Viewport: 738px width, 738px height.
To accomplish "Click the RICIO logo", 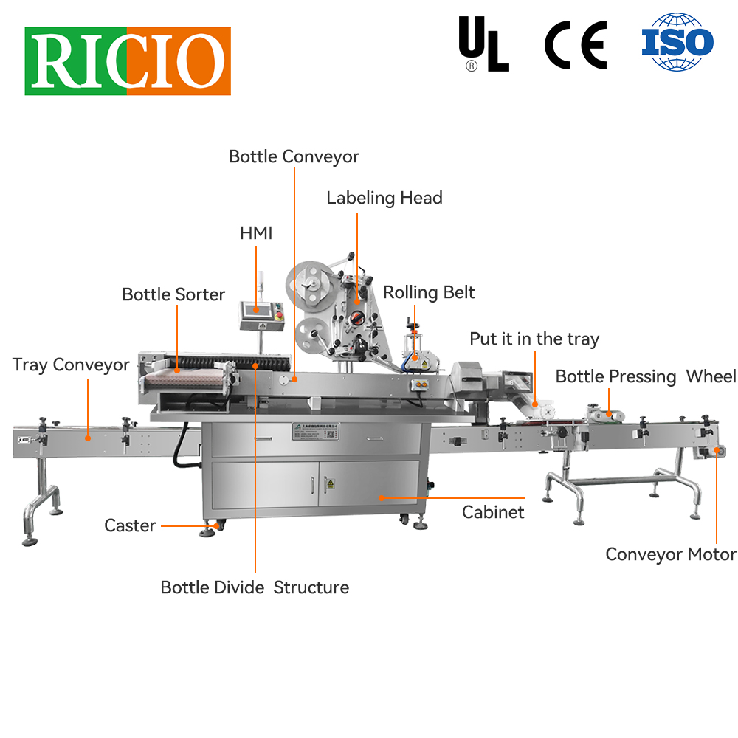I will tap(128, 61).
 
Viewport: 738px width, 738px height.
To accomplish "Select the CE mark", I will tap(576, 45).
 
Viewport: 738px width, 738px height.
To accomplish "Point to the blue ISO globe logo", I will tap(677, 42).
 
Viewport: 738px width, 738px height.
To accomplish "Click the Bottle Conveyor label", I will tap(294, 156).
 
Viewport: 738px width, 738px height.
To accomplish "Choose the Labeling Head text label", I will tap(384, 198).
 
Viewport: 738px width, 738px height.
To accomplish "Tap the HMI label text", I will tap(256, 233).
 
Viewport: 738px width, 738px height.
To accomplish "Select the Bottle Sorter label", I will tap(173, 294).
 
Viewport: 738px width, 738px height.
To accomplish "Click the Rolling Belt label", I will tap(429, 292).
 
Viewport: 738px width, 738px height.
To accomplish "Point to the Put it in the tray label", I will tap(534, 339).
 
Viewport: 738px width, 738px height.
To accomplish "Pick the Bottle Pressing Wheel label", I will tap(646, 376).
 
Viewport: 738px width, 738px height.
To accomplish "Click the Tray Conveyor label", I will tap(71, 365).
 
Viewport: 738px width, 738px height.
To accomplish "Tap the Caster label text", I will tap(130, 525).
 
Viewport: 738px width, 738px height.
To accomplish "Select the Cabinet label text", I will tap(493, 511).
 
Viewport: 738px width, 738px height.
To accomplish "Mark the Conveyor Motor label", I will tap(671, 554).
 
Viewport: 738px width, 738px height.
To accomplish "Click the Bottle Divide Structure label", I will tap(255, 587).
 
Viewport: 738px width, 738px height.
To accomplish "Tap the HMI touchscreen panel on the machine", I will tap(259, 313).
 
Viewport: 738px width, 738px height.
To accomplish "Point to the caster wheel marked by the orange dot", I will tap(216, 526).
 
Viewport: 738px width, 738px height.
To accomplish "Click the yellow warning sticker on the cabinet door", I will tap(331, 483).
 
